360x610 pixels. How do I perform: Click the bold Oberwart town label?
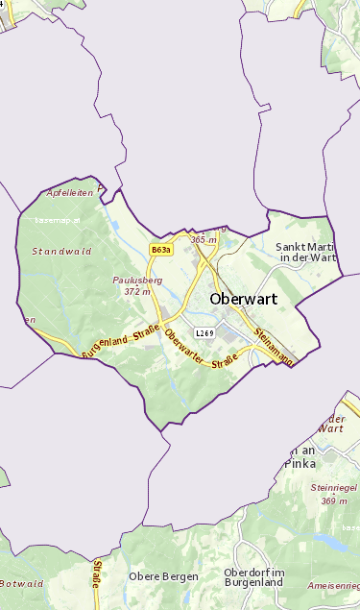pos(243,299)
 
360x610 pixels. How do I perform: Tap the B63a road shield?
pos(161,250)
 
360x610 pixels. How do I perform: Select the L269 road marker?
pos(204,333)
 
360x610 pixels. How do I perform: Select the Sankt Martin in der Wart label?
pos(306,253)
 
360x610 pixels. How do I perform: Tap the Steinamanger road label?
pos(273,347)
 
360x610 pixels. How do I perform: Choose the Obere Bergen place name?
pos(163,576)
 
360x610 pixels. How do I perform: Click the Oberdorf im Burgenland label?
pos(252,577)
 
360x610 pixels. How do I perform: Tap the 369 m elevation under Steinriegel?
pos(334,500)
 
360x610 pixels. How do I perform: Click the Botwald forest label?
pos(21,583)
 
